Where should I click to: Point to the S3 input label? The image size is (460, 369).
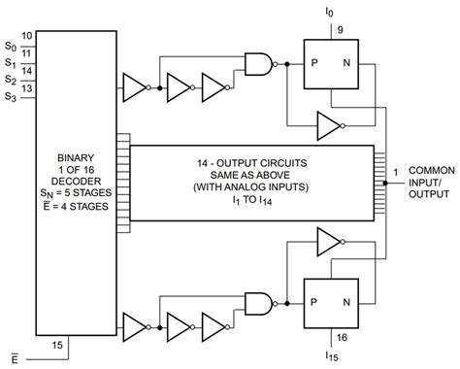click(9, 97)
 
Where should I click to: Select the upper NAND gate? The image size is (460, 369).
click(259, 64)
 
